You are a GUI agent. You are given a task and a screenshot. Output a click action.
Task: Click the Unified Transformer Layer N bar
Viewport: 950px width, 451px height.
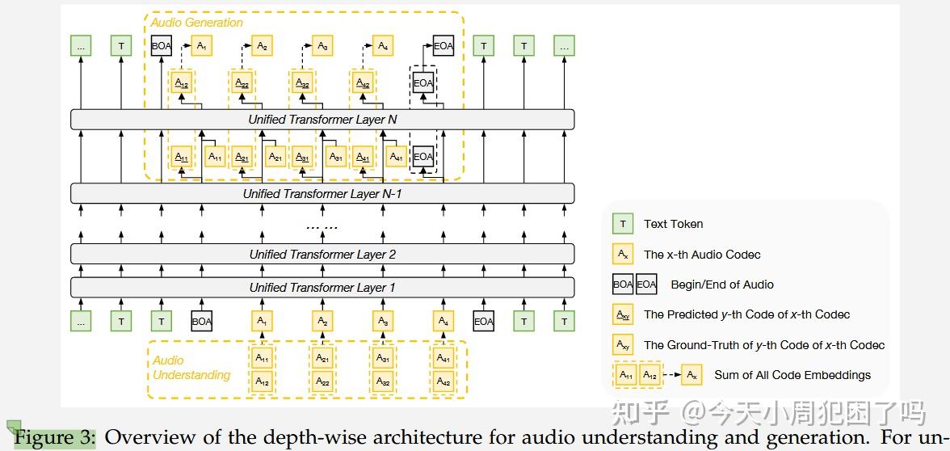tap(322, 120)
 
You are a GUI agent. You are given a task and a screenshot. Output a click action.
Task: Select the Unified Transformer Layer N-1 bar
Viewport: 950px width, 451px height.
tap(322, 194)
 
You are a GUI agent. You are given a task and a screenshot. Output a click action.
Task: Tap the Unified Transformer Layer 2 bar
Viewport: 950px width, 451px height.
tap(322, 255)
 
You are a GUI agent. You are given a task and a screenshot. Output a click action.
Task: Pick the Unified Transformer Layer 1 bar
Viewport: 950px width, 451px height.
tap(322, 288)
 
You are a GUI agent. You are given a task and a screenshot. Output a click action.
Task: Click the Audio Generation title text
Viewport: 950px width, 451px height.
tap(196, 23)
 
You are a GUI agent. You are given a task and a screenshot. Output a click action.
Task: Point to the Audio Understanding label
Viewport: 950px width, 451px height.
tap(191, 368)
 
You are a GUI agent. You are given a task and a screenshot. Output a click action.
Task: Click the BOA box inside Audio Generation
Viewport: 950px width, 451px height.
tap(162, 46)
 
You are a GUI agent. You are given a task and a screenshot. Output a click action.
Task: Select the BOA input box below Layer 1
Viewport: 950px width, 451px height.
tap(202, 322)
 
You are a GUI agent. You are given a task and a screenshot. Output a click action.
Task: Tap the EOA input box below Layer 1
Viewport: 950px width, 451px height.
tap(483, 322)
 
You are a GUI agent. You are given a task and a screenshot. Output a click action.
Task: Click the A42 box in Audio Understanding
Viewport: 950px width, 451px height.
tap(443, 381)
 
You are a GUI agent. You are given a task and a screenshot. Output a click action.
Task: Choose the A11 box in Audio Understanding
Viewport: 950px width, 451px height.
tap(263, 357)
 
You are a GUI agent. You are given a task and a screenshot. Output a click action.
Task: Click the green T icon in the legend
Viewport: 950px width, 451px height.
tap(623, 224)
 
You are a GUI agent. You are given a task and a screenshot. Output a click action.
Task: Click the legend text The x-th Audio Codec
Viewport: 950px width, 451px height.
tap(702, 255)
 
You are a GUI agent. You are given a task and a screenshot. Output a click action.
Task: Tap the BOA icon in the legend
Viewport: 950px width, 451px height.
tap(623, 285)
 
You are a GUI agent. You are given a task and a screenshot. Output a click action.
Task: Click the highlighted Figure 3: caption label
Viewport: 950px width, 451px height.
tap(55, 437)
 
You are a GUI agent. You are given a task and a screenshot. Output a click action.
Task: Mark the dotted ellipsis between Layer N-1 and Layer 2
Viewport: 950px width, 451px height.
tap(322, 226)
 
